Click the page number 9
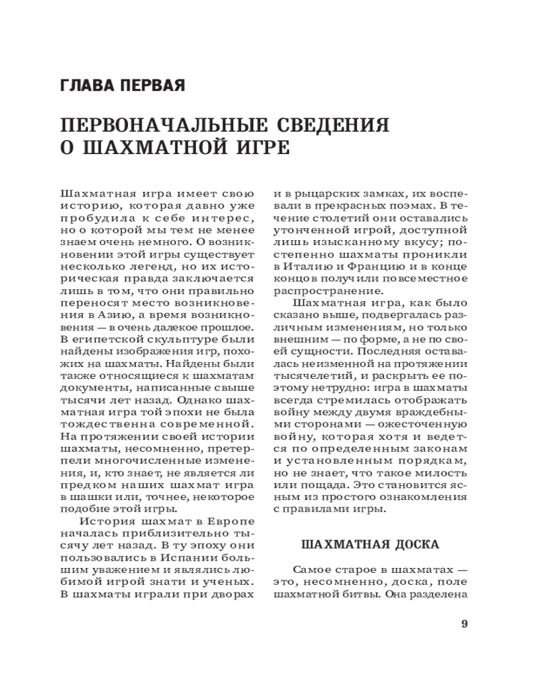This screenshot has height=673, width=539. tap(464, 623)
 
